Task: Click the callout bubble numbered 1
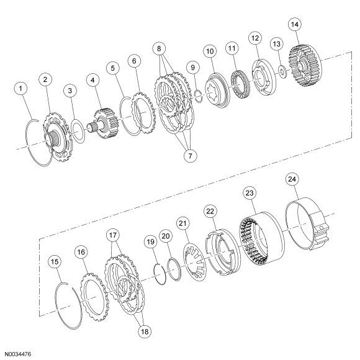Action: [21, 89]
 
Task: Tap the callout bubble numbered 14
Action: [295, 24]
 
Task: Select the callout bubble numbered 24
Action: [292, 179]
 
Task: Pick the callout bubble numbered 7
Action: [191, 156]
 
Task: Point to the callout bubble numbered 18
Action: [145, 331]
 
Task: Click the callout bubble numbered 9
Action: [192, 68]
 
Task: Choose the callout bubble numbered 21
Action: [182, 223]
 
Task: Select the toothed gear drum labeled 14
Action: [305, 66]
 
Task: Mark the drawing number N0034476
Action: [18, 354]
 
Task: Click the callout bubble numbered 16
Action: [81, 252]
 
